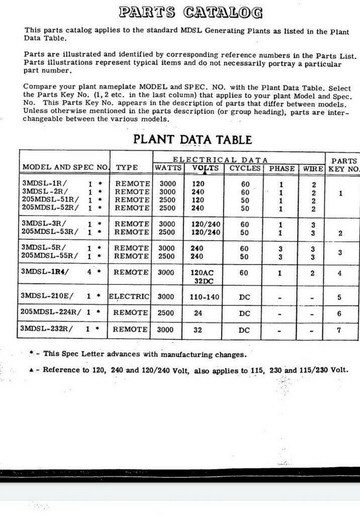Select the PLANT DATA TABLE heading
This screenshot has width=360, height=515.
[192, 139]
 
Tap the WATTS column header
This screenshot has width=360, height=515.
[168, 168]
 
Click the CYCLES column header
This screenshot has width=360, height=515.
[245, 168]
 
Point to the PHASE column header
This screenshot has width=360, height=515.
[282, 168]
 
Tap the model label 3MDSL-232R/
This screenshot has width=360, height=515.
[46, 329]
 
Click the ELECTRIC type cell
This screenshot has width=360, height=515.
[130, 296]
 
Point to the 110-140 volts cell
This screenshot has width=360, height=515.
[204, 297]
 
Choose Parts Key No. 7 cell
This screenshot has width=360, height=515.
[340, 330]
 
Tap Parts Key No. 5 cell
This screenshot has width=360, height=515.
[340, 297]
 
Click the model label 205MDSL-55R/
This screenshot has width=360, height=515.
[49, 256]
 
